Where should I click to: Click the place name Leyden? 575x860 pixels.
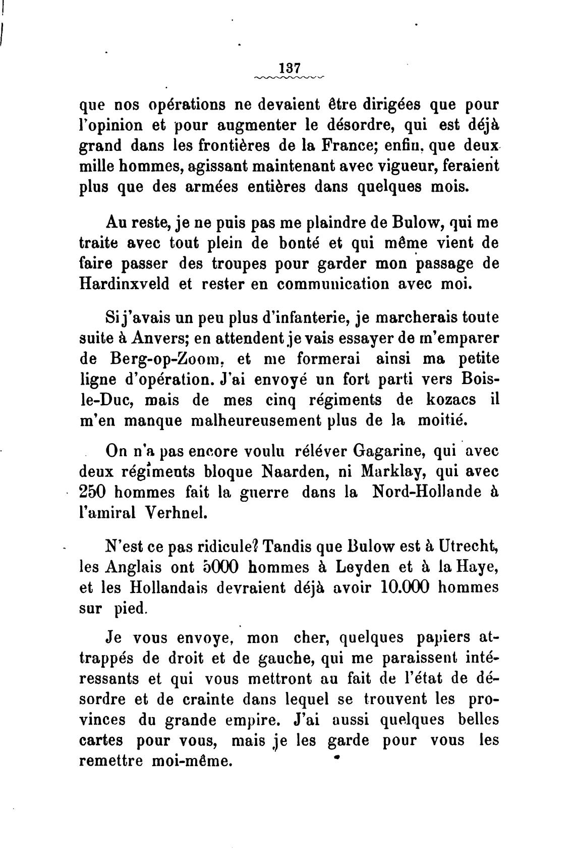[x=364, y=567]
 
